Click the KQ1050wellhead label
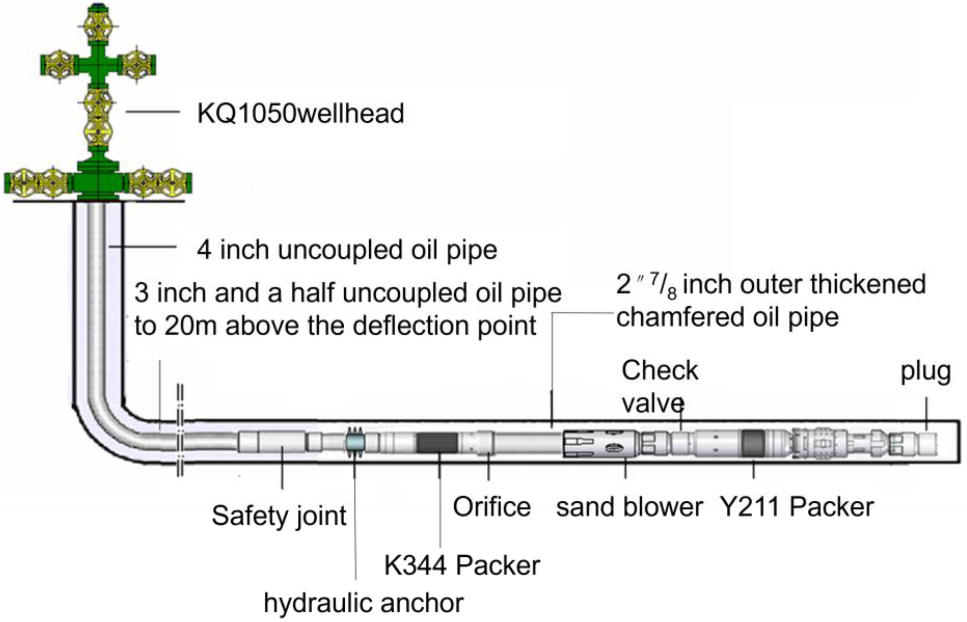[300, 113]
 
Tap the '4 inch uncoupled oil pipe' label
[347, 250]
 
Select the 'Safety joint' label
[279, 516]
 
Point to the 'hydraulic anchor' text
[363, 603]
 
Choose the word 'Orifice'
[491, 507]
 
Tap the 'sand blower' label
[630, 507]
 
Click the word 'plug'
[926, 372]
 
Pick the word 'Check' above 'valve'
[660, 370]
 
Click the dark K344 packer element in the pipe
[437, 443]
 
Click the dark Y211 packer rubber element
[753, 443]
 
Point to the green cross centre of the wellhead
[98, 65]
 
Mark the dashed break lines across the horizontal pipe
[180, 430]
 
